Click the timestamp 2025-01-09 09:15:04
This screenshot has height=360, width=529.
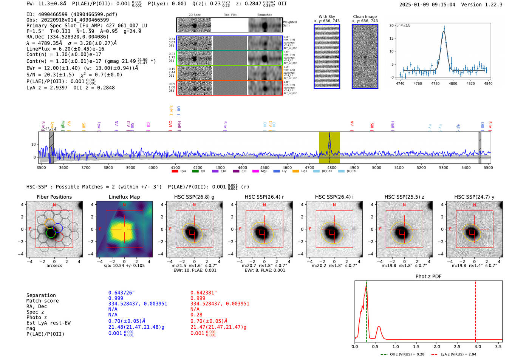(427, 5)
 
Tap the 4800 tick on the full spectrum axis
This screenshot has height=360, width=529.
(332, 167)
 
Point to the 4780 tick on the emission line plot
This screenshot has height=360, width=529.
(435, 83)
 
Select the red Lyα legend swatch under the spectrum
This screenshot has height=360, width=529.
(175, 171)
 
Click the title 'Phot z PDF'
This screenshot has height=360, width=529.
(428, 276)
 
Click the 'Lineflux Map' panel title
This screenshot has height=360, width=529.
(124, 197)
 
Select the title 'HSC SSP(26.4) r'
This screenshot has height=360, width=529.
(264, 197)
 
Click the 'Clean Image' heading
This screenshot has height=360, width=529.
(365, 17)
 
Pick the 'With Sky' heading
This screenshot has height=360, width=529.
(326, 17)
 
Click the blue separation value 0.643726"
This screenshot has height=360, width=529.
(121, 293)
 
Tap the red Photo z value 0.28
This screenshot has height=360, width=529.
(196, 315)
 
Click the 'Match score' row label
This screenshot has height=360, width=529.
(42, 301)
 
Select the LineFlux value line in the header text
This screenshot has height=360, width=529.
(65, 49)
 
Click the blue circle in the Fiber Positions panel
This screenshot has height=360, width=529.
(58, 228)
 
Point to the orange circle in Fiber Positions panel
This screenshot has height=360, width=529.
(50, 222)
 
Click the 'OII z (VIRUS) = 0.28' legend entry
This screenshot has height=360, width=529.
(403, 354)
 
